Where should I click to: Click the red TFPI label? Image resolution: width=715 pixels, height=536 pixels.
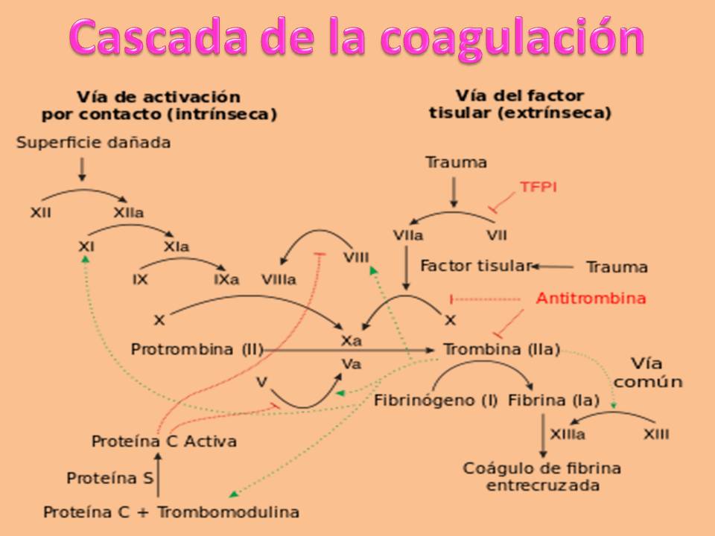pos(538,188)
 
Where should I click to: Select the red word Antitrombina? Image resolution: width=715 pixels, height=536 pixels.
pos(591,299)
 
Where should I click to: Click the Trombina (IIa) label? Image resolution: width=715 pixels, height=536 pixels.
pos(500,349)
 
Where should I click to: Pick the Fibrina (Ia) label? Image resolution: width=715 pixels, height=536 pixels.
pos(553,400)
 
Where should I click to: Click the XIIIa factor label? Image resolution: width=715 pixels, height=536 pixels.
pos(567,434)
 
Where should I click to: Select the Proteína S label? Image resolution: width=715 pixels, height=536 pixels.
pos(110,479)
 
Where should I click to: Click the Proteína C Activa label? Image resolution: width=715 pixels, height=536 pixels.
pos(164,441)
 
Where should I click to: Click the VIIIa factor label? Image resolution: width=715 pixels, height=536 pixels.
pos(279,280)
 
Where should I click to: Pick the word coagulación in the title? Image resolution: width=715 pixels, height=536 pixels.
pos(514,37)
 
